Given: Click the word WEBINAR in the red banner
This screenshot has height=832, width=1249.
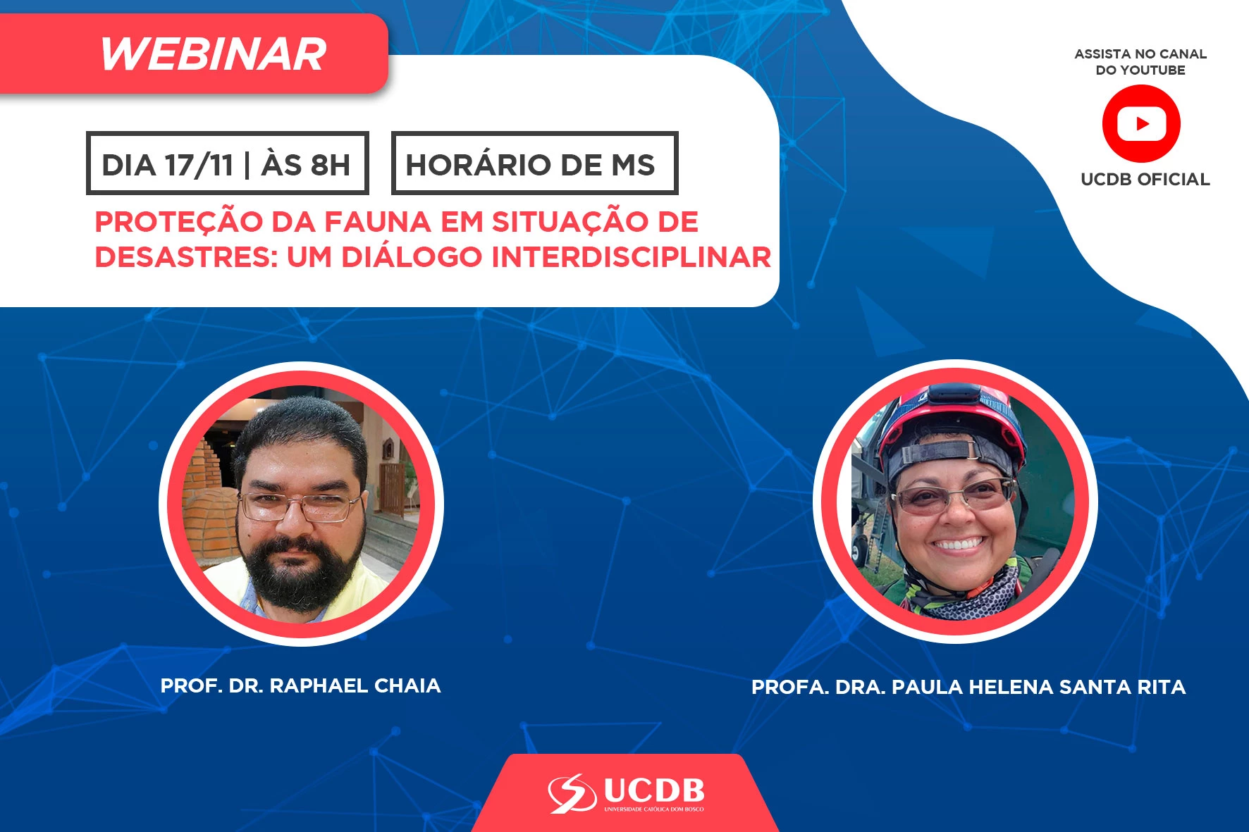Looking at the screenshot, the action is click(213, 54).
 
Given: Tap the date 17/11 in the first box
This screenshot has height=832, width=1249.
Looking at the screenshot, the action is click(199, 165).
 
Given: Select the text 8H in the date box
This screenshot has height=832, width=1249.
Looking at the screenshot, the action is click(331, 165).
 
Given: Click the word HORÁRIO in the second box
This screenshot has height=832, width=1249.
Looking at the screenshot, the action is click(479, 164).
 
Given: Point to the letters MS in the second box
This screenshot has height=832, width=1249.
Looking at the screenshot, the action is click(633, 165).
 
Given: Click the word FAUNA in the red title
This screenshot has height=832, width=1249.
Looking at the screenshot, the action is click(377, 222).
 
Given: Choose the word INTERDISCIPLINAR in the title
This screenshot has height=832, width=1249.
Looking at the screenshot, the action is click(631, 257).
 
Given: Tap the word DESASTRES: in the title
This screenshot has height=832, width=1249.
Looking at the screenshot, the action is click(187, 257).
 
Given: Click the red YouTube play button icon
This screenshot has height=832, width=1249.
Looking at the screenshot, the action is click(1141, 124).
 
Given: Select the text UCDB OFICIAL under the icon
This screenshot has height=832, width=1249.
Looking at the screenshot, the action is click(1145, 180).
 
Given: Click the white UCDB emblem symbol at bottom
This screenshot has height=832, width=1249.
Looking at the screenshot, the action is click(572, 793).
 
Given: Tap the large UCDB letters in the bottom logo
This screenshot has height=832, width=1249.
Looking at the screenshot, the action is click(654, 791).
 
